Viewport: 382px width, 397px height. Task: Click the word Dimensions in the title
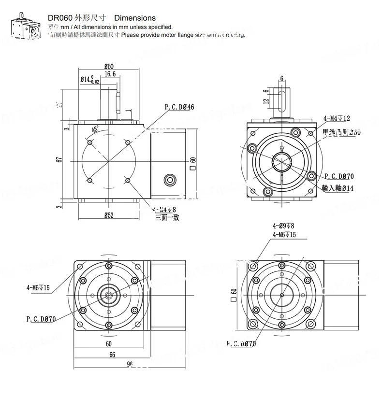click(128, 18)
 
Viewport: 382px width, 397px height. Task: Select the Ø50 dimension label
click(109, 66)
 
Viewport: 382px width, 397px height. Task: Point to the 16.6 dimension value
click(110, 74)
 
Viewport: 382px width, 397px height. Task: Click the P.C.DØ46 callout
click(179, 107)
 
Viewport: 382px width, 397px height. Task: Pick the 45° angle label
click(96, 129)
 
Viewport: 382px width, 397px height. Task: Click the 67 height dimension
click(59, 160)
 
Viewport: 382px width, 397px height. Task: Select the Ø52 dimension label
click(108, 215)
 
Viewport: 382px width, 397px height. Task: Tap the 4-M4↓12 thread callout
click(337, 118)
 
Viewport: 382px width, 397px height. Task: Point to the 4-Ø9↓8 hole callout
click(283, 226)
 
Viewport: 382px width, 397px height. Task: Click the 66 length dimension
click(112, 354)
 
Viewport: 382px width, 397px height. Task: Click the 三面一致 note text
click(167, 218)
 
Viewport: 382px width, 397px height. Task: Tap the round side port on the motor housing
click(170, 180)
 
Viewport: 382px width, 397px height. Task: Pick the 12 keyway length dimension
click(265, 101)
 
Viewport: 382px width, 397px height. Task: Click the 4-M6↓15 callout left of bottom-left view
click(38, 288)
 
